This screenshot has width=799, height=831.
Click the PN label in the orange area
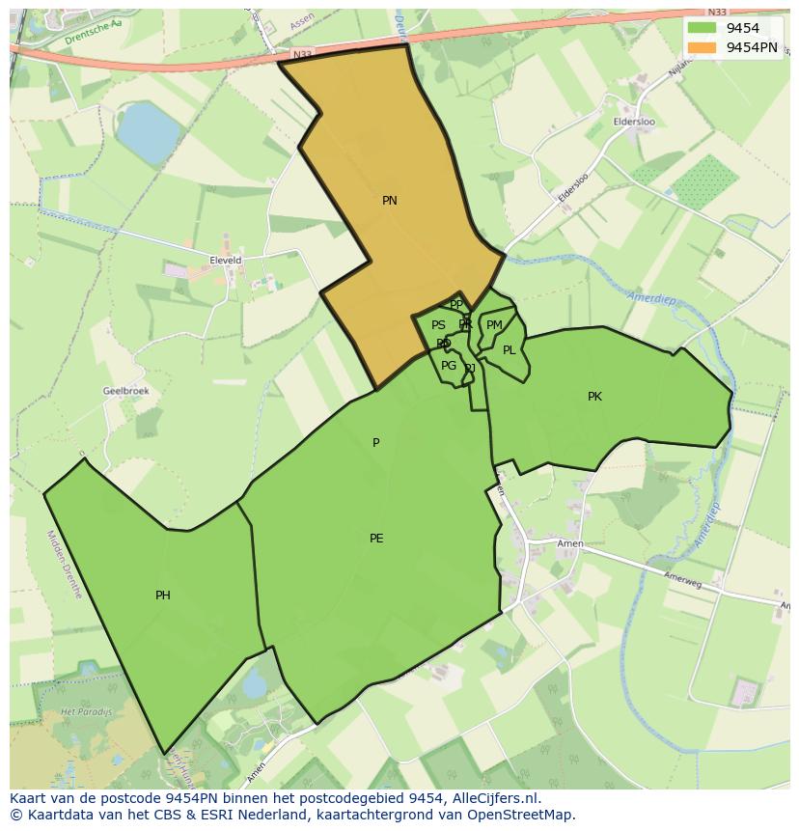coord(390,201)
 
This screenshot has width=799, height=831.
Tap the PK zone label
coord(594,397)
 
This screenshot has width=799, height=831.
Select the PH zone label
coord(163,596)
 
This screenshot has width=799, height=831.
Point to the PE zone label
coord(376,539)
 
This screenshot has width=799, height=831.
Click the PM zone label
coord(494,325)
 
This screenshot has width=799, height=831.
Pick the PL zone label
coord(509,350)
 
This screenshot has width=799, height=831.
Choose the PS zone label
coord(438,325)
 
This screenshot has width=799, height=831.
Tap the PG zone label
coord(449,366)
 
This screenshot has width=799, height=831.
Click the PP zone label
coord(456,305)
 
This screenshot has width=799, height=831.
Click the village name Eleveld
coord(225,261)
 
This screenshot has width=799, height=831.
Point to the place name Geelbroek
coord(125,391)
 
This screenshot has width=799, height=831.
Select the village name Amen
coord(570,544)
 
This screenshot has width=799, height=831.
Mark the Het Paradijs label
coord(80,710)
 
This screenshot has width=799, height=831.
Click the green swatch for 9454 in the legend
coord(703,27)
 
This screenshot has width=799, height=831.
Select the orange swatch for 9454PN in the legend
coord(703,46)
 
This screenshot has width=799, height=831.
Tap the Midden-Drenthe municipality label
coord(64,564)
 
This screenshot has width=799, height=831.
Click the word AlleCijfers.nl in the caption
coord(496,799)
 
